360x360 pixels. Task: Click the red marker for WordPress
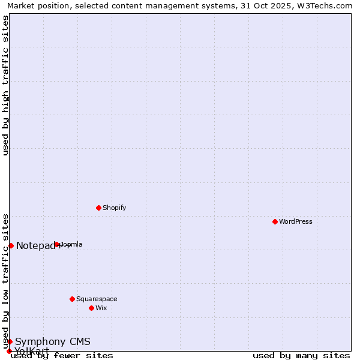[275, 221]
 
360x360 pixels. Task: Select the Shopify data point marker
[98, 208]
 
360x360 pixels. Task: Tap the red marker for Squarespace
[72, 299]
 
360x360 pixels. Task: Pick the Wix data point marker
[91, 308]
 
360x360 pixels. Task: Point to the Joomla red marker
[57, 244]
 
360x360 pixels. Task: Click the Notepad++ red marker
[11, 245]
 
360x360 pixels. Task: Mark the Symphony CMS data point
[10, 341]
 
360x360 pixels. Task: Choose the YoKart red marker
[9, 351]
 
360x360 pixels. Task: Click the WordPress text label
[296, 221]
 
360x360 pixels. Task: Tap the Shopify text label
[114, 208]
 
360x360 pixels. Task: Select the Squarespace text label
[97, 299]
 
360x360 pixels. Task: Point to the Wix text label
[101, 308]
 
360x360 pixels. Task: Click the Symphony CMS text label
[53, 341]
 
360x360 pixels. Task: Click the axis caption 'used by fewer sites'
[62, 355]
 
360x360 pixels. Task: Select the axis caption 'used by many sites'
[301, 355]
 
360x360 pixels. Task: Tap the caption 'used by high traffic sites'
[6, 85]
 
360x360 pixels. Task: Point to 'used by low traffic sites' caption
[6, 281]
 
